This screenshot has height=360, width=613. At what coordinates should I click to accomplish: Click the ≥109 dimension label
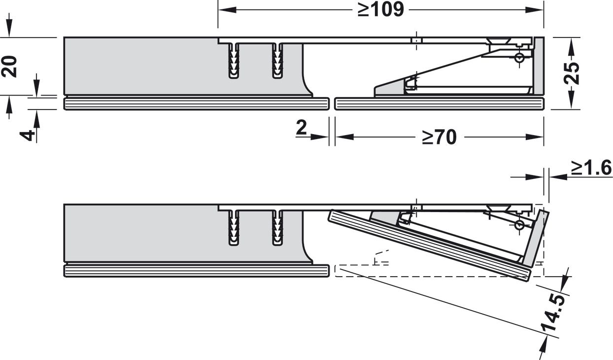[x=381, y=10]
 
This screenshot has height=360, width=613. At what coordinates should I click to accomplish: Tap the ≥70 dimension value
[x=439, y=137]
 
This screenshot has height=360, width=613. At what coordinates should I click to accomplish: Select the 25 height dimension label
[x=572, y=73]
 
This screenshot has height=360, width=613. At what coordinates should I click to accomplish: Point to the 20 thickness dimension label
[x=9, y=66]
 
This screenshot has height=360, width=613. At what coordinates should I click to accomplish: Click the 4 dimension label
[x=28, y=136]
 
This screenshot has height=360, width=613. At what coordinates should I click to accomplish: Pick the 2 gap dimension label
[x=301, y=127]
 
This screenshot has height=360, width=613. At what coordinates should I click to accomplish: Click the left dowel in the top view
[x=234, y=61]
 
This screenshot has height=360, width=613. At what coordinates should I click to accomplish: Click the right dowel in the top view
[x=277, y=61]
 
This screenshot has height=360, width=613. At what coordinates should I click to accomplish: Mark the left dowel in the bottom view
[x=234, y=228]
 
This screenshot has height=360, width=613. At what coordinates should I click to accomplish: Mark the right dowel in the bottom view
[x=277, y=228]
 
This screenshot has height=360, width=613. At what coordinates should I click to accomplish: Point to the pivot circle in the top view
[x=519, y=58]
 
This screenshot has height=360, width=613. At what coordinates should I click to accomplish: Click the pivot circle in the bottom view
[x=519, y=225]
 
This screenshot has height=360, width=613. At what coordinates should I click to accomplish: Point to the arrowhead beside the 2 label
[x=320, y=137]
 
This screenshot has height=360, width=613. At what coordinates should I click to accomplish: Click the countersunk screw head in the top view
[x=499, y=41]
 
